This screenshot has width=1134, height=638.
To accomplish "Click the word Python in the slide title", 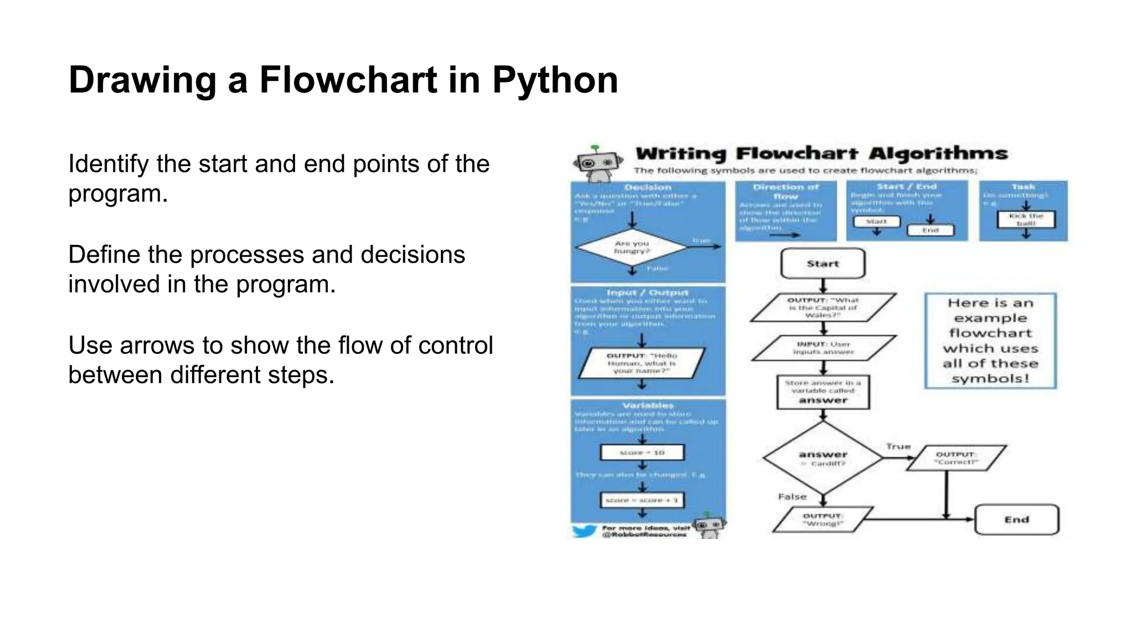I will tap(555, 80).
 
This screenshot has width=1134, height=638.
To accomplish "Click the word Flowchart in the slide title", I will tap(348, 80).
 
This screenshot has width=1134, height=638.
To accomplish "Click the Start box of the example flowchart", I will tap(823, 264).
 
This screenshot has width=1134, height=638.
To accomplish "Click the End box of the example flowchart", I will tap(1017, 519).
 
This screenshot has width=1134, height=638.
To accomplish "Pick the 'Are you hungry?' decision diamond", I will tap(632, 247).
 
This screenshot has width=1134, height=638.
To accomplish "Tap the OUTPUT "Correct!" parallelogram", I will tap(956, 458).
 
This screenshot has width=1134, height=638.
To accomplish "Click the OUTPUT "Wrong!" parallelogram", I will tap(823, 519).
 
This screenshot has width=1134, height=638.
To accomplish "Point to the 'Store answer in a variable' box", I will tap(823, 392).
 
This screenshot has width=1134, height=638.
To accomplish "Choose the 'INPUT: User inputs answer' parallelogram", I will tap(823, 348).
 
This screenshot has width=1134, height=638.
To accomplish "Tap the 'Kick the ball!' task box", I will tap(1026, 219).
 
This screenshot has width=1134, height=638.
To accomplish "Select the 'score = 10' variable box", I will tap(642, 452).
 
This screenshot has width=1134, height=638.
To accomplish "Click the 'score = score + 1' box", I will tap(642, 500).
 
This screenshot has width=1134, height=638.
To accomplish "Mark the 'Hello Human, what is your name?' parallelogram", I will tap(642, 363).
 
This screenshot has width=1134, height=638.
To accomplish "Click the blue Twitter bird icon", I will tap(584, 531).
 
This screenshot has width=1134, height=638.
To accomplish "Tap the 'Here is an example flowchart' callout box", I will tap(991, 341).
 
